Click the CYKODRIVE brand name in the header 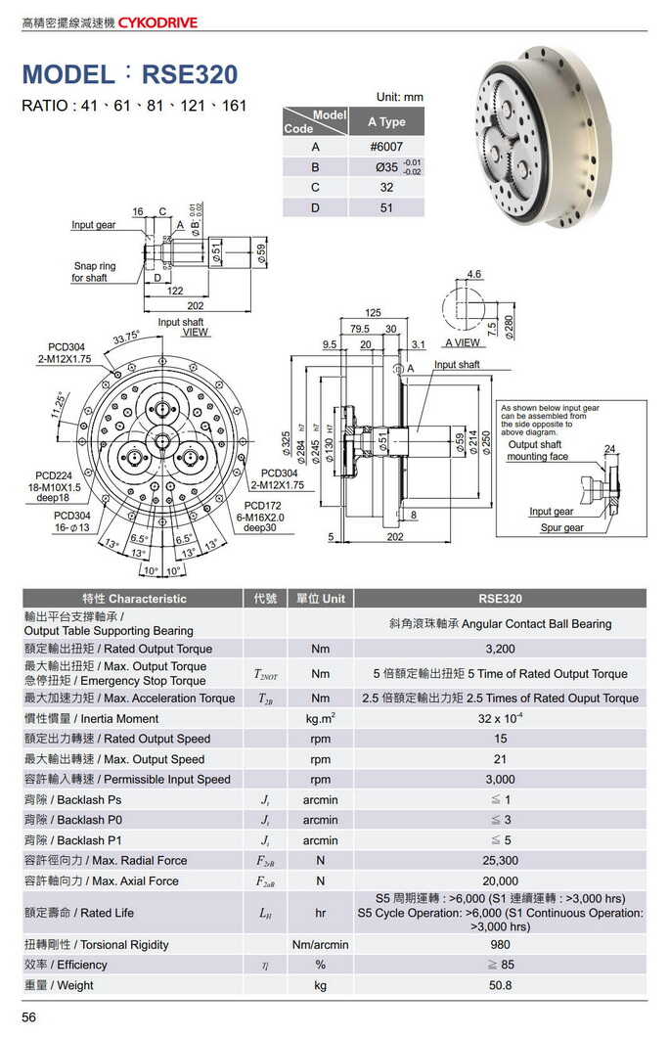click(x=157, y=22)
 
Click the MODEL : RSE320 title click(x=130, y=74)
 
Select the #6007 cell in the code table click(x=385, y=147)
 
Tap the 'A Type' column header click(x=385, y=122)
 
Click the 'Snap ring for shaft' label click(x=94, y=272)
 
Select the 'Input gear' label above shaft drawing click(x=93, y=225)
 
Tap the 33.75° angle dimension click(x=126, y=338)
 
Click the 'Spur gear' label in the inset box click(x=561, y=528)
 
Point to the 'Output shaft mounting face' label click(x=537, y=451)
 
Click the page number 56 click(x=29, y=1018)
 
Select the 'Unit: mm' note click(x=400, y=97)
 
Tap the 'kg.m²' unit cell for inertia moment click(x=320, y=719)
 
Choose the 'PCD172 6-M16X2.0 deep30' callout click(x=259, y=517)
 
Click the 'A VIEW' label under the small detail click(x=462, y=343)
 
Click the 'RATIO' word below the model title click(x=44, y=106)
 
